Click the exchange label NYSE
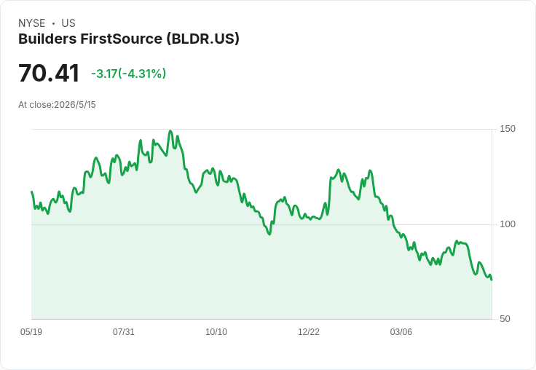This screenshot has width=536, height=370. pyautogui.click(x=32, y=23)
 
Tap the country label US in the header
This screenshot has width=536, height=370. pyautogui.click(x=68, y=23)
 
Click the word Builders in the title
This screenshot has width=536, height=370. pyautogui.click(x=47, y=39)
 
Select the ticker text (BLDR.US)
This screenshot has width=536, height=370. pyautogui.click(x=203, y=39)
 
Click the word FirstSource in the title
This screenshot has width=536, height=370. pyautogui.click(x=122, y=39)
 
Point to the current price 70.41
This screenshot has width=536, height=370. pyautogui.click(x=49, y=73)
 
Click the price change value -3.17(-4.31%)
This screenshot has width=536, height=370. pyautogui.click(x=128, y=74)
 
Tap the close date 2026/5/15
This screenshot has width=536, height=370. pyautogui.click(x=75, y=105)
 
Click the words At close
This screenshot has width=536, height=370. pyautogui.click(x=35, y=105)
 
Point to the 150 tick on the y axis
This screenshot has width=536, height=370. pyautogui.click(x=508, y=129)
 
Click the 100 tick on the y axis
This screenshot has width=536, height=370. pyautogui.click(x=508, y=224)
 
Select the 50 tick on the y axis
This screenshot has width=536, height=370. pyautogui.click(x=505, y=319)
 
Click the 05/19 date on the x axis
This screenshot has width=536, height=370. pyautogui.click(x=31, y=331)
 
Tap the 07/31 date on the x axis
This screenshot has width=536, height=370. pyautogui.click(x=124, y=331)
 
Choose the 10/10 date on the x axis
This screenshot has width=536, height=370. pyautogui.click(x=216, y=331)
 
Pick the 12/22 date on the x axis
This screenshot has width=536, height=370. pyautogui.click(x=309, y=331)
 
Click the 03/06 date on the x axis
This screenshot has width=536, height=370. pyautogui.click(x=401, y=331)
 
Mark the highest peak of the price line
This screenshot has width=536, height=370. pyautogui.click(x=170, y=131)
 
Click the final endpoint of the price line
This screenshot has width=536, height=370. pyautogui.click(x=492, y=280)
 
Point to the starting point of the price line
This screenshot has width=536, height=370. pyautogui.click(x=32, y=192)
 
